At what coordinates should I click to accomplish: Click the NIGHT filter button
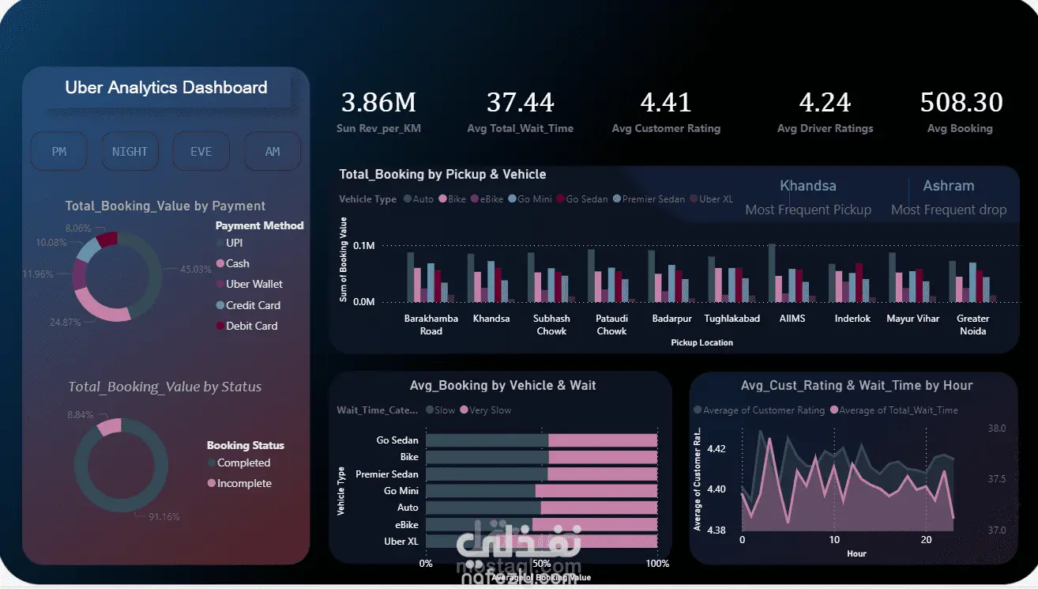pos(130,151)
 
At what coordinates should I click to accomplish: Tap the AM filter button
pos(273,151)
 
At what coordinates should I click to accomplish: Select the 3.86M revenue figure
pos(378,103)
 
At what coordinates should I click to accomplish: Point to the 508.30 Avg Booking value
pos(961,103)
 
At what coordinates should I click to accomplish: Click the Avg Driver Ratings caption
pos(825,128)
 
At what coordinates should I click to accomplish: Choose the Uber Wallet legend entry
pos(254,284)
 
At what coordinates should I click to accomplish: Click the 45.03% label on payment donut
pos(196,270)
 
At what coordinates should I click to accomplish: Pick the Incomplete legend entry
pos(243,483)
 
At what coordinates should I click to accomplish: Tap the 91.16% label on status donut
pos(164,517)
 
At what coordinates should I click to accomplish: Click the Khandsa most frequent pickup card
pos(807,187)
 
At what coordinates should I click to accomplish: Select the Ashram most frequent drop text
pos(948,187)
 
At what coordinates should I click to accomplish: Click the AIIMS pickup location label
pos(792,319)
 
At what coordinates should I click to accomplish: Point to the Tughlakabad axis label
pos(731,319)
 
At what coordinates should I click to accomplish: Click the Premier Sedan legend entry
pos(653,199)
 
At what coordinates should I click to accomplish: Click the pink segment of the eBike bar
pos(594,524)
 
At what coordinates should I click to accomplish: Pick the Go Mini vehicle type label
pos(401,491)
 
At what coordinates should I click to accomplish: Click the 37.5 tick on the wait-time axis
pos(996,479)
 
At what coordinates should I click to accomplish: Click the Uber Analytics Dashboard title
pos(166,88)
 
